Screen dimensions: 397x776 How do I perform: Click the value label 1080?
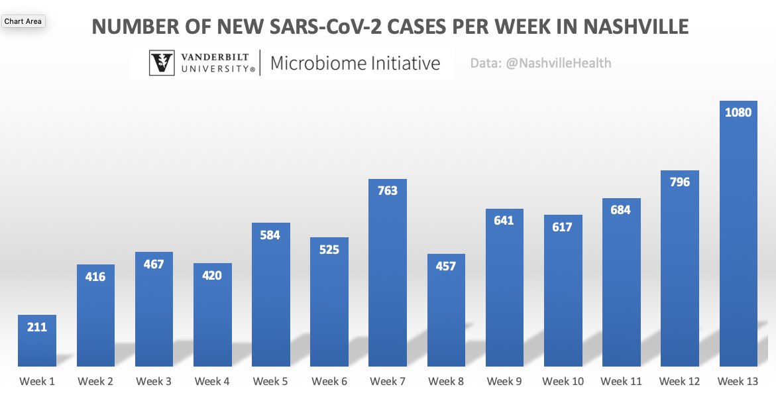738,113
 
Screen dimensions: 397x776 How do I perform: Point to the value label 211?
37,327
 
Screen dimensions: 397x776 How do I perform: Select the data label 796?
679,182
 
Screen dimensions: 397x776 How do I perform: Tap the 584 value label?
270,235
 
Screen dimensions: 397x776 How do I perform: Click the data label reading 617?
563,227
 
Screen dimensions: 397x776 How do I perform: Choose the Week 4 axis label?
212,382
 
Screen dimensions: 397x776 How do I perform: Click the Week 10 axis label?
563,382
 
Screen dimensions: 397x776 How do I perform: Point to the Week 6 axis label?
329,382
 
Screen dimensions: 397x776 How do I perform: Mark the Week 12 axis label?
679,382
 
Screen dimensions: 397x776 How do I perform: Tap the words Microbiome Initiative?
355,64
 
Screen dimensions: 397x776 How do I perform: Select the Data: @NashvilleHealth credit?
541,64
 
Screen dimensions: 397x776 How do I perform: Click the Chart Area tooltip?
23,21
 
